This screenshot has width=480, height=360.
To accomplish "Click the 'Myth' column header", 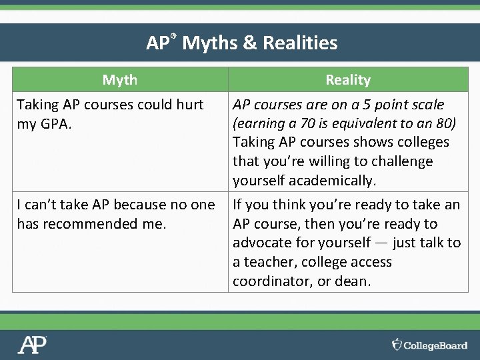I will [x=120, y=80].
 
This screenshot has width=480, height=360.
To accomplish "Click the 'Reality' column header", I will [x=347, y=80].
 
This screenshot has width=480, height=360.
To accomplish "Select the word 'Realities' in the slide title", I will [x=300, y=44].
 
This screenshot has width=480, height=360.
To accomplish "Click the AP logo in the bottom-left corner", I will [x=33, y=345].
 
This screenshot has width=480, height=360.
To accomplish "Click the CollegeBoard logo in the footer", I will [x=429, y=345].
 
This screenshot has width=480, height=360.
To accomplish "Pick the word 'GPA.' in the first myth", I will [x=57, y=124].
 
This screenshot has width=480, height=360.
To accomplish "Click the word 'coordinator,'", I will [x=272, y=281].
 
